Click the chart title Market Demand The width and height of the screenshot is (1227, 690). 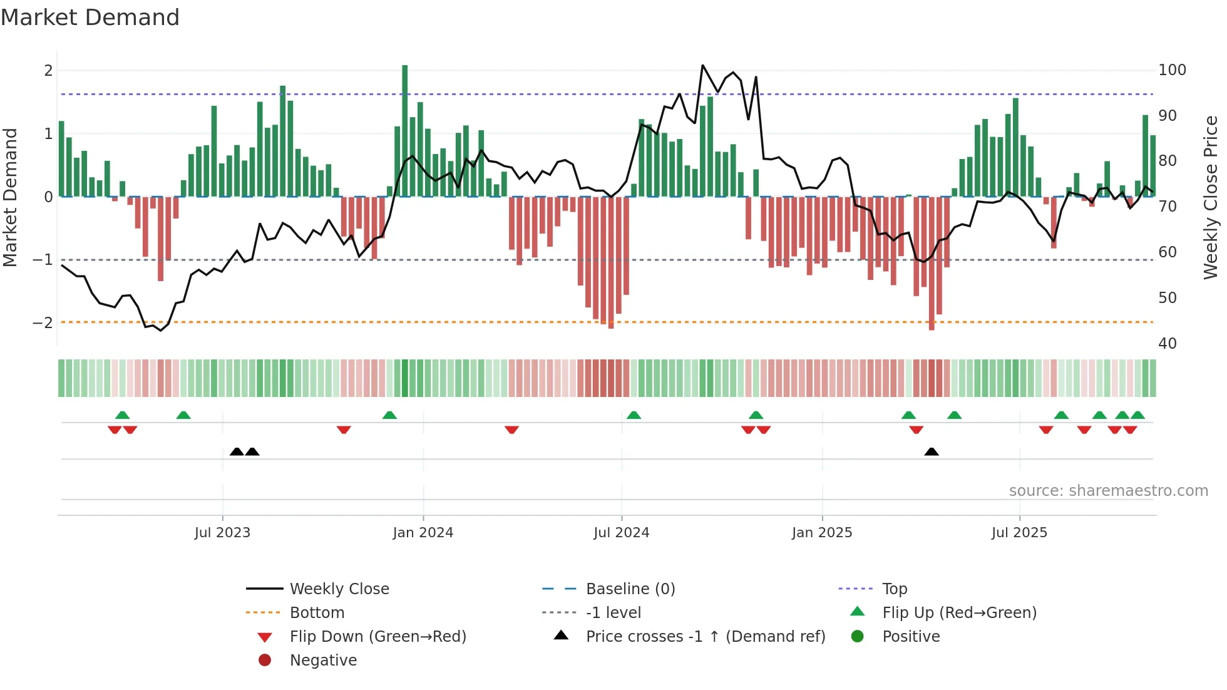pyautogui.click(x=90, y=18)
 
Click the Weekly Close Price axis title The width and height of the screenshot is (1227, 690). pyautogui.click(x=1211, y=197)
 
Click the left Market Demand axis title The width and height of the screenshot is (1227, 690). pyautogui.click(x=11, y=197)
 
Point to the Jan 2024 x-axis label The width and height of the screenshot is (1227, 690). pyautogui.click(x=423, y=533)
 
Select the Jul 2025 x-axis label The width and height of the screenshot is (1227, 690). pyautogui.click(x=1019, y=533)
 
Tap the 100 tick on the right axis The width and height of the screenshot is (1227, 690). pyautogui.click(x=1172, y=70)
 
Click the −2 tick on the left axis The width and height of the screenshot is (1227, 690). pyautogui.click(x=43, y=323)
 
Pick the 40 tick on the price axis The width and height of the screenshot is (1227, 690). pyautogui.click(x=1167, y=344)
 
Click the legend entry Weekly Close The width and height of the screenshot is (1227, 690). pyautogui.click(x=339, y=589)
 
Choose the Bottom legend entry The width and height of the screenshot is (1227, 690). pyautogui.click(x=317, y=613)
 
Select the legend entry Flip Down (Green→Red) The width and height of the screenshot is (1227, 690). pyautogui.click(x=377, y=637)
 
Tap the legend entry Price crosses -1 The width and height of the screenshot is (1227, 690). pyautogui.click(x=705, y=637)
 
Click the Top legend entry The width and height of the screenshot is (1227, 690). pyautogui.click(x=894, y=589)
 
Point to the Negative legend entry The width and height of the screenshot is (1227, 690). pyautogui.click(x=323, y=661)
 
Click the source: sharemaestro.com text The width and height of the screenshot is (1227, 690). pyautogui.click(x=1108, y=491)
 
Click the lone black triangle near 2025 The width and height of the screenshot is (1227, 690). pyautogui.click(x=932, y=452)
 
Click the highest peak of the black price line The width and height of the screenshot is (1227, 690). pyautogui.click(x=703, y=66)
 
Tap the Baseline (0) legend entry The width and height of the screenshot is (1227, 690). pyautogui.click(x=630, y=589)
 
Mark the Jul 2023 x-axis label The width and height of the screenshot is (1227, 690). pyautogui.click(x=222, y=533)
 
